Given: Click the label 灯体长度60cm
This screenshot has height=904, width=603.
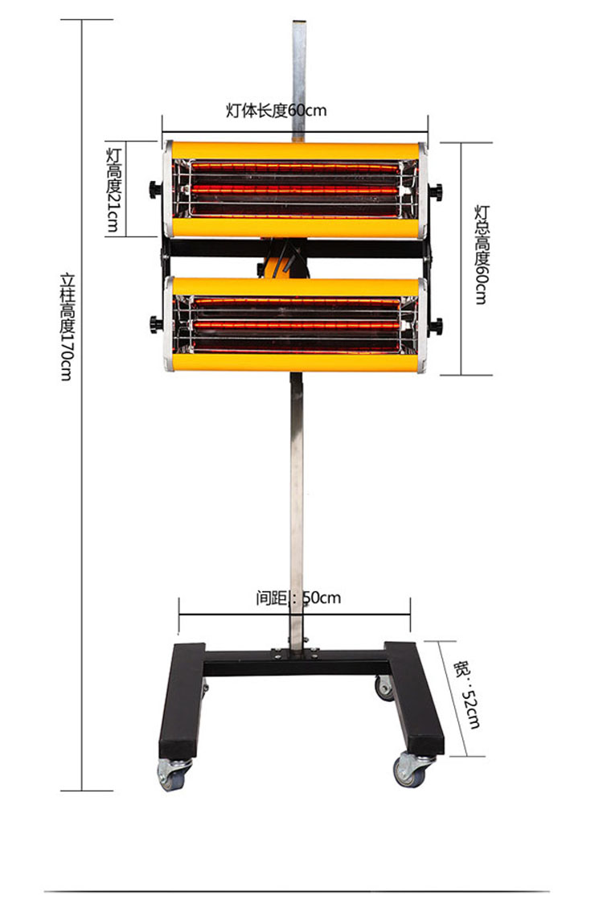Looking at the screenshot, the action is (276, 109).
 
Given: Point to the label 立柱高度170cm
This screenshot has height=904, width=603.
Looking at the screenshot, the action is (68, 327).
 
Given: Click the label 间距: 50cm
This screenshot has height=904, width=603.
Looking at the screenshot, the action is (298, 598).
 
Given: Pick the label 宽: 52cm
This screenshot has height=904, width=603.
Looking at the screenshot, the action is (466, 695).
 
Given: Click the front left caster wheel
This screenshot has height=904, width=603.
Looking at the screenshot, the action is (172, 774).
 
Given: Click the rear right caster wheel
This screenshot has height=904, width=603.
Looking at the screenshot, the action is (384, 687).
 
